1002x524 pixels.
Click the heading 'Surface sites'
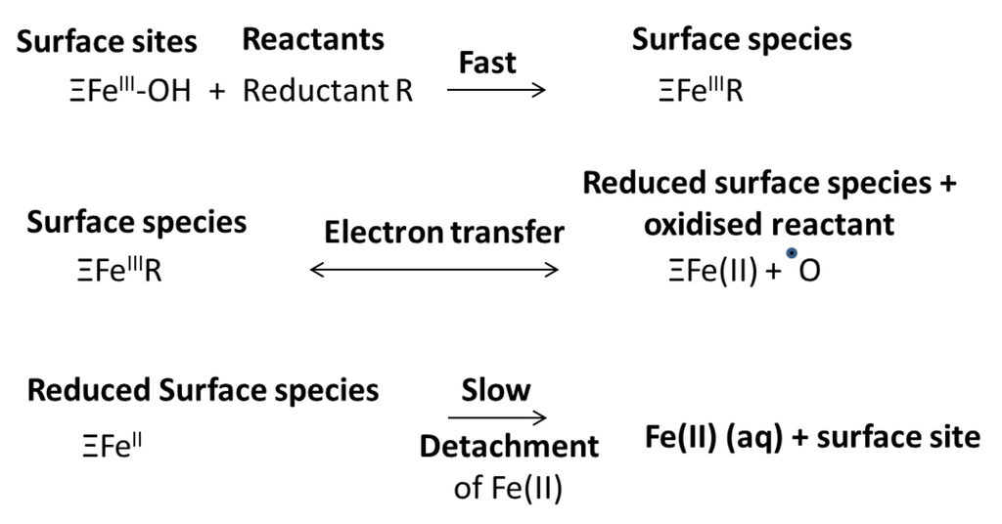(x=107, y=42)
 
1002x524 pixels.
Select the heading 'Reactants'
(x=313, y=39)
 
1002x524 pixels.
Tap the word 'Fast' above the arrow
(x=487, y=64)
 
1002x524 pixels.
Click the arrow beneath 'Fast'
(x=496, y=91)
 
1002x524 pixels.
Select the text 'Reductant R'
(x=328, y=92)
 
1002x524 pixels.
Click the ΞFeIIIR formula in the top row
(x=701, y=92)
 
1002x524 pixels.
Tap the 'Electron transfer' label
(x=444, y=233)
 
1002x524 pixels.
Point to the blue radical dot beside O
(x=791, y=254)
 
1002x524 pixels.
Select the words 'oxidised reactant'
(x=768, y=225)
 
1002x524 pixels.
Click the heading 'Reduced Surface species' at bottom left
(x=203, y=390)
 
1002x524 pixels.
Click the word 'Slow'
(x=496, y=390)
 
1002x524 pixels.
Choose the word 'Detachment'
(x=509, y=447)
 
